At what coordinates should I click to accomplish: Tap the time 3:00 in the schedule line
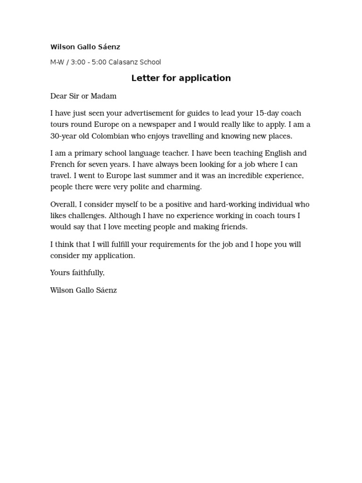point(77,62)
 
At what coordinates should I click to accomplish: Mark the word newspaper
point(153,125)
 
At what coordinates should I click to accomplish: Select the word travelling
point(186,136)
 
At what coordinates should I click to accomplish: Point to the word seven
point(99,165)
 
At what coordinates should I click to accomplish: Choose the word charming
point(184,187)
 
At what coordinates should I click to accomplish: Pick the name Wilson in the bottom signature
point(62,290)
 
